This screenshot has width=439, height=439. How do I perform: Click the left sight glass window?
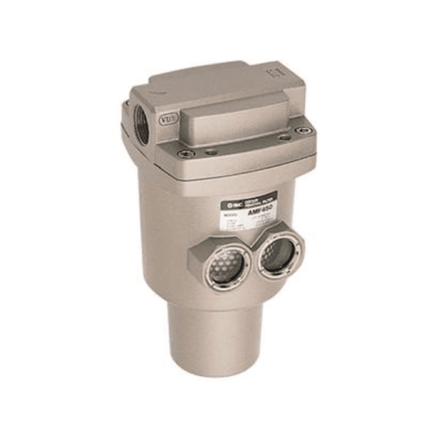(226, 268)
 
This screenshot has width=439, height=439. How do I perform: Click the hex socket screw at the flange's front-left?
(185, 153)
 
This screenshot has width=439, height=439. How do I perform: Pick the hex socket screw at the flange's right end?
(305, 130)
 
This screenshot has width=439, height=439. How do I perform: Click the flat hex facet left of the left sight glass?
(198, 257)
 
